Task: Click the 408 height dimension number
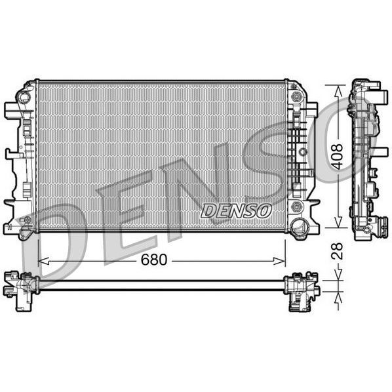pyautogui.click(x=337, y=157)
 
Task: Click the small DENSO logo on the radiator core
pyautogui.click(x=236, y=210)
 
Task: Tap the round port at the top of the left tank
pyautogui.click(x=24, y=97)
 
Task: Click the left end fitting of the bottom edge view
pyautogui.click(x=22, y=288)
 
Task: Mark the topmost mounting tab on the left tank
pyautogui.click(x=12, y=109)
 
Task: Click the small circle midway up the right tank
pyautogui.click(x=303, y=152)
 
